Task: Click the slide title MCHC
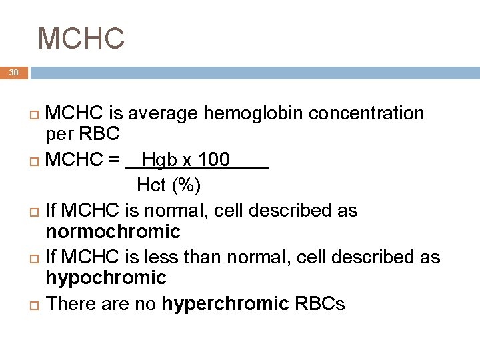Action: pyautogui.click(x=81, y=38)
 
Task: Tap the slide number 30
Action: pyautogui.click(x=14, y=73)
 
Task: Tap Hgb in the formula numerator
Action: pyautogui.click(x=157, y=160)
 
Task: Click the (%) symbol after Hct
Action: pyautogui.click(x=185, y=185)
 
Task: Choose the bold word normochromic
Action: pyautogui.click(x=113, y=232)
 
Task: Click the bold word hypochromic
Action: pyautogui.click(x=105, y=277)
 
